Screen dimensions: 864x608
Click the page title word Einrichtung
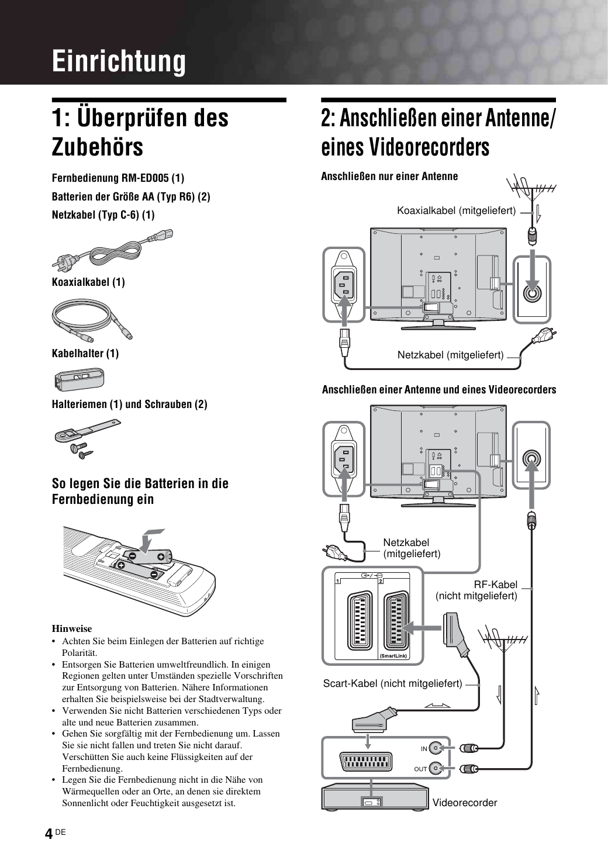click(119, 61)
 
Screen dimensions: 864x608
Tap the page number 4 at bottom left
click(49, 834)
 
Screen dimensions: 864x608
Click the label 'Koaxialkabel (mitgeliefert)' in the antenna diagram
click(456, 210)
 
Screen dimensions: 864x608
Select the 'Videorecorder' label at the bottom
click(465, 803)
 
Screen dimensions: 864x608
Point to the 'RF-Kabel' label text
click(495, 585)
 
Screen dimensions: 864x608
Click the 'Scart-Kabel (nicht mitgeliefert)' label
click(392, 683)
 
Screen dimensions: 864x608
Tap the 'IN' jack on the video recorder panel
click(435, 748)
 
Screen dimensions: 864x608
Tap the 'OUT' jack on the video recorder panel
click(435, 769)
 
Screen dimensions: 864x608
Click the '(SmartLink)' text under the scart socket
click(393, 656)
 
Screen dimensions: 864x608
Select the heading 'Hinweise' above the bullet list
click(72, 629)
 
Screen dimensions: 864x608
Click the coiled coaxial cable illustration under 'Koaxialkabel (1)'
click(92, 319)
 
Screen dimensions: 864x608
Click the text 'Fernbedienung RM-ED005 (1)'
click(118, 177)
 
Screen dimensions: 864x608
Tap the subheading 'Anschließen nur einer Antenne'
click(389, 176)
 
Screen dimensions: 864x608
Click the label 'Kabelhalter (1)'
click(85, 353)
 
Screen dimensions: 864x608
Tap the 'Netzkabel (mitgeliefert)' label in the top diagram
click(450, 355)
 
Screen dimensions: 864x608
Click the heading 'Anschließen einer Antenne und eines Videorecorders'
click(439, 389)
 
